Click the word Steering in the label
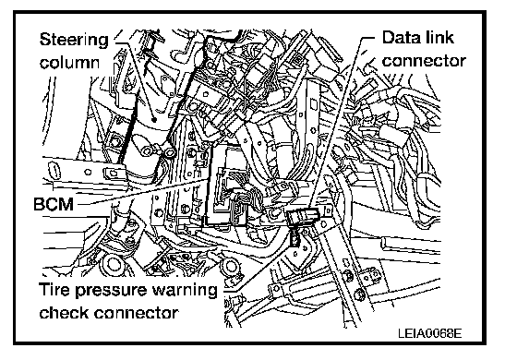click(74, 41)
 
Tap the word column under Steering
click(69, 62)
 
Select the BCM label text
click(54, 204)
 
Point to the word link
click(438, 37)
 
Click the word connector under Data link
click(424, 61)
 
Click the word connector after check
click(137, 313)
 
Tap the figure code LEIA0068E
click(429, 333)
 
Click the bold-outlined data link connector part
click(302, 217)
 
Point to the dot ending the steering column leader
click(152, 118)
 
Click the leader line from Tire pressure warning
click(258, 266)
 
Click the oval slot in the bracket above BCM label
click(53, 171)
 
